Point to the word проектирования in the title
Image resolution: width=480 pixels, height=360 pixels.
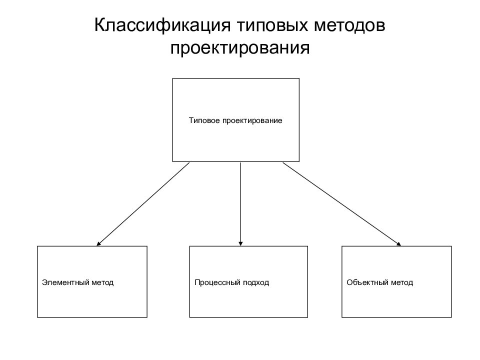pos(240,48)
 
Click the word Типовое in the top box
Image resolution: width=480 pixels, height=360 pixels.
pos(202,120)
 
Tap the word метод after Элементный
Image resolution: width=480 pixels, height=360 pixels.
pos(102,282)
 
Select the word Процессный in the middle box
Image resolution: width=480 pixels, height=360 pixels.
pos(216,282)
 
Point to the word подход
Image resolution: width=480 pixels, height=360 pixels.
pos(255,282)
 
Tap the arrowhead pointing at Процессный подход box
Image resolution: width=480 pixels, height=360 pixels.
pos(240,243)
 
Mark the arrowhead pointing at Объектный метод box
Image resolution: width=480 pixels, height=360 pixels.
pos(398,243)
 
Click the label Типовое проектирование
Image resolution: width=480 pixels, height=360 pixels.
pos(235,120)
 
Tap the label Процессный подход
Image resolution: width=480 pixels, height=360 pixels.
pos(232,282)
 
